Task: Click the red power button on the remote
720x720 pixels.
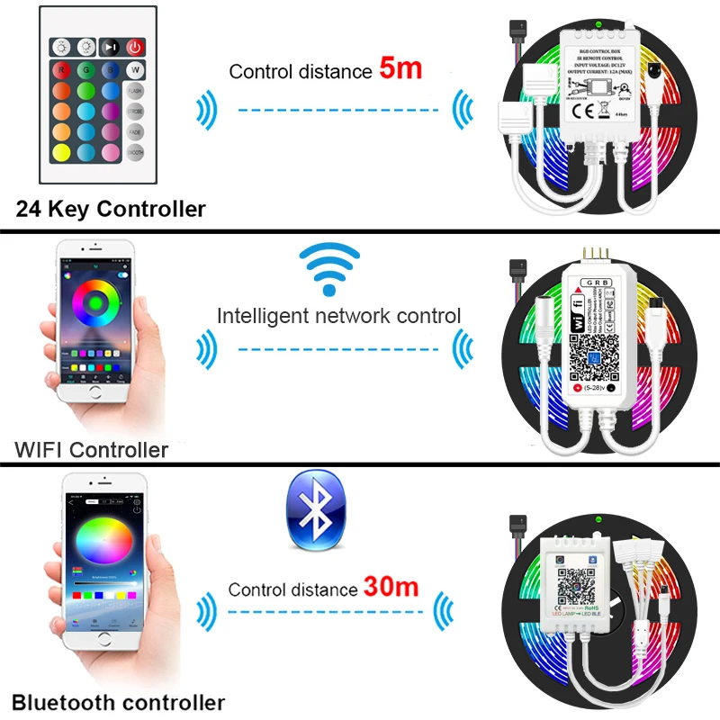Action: [134, 46]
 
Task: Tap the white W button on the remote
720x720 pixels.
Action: [134, 69]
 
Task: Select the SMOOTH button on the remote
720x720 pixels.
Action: [134, 152]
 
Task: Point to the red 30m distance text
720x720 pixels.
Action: [391, 589]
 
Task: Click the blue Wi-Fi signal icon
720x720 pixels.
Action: [328, 267]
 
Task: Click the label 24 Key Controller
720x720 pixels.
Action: [111, 210]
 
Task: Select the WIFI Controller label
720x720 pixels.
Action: [91, 449]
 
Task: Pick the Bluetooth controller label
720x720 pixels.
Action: [118, 702]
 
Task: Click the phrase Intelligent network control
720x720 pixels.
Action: [338, 316]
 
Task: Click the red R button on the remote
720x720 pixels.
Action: [62, 69]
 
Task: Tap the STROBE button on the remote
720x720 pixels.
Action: [134, 112]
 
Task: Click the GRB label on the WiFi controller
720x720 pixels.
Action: [595, 282]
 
